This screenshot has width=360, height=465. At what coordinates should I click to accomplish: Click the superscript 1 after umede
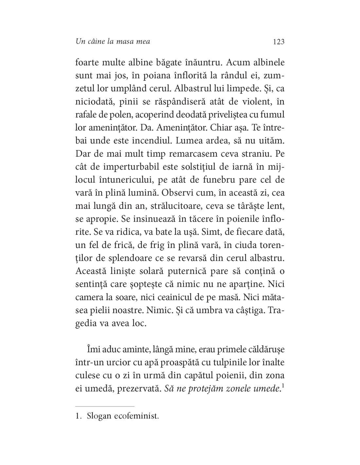tap(282, 386)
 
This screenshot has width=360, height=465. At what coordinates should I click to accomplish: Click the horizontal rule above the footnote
tap(105, 406)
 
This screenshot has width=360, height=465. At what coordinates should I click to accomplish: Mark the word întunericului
tap(125, 180)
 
